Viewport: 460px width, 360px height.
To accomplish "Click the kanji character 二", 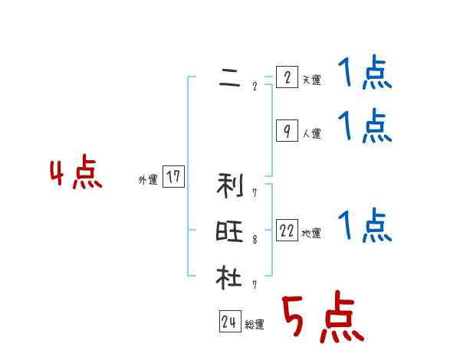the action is coord(229,77).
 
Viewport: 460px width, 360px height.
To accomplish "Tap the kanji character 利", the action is coord(229,184).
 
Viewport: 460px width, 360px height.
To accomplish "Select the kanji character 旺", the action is coord(229,231).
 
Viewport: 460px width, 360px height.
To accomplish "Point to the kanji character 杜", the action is coord(229,277).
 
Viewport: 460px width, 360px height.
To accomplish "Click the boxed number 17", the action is coord(173,178).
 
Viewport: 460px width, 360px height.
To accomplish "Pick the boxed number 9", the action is coord(286,131).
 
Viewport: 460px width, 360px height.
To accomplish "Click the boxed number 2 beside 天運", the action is coord(286,78).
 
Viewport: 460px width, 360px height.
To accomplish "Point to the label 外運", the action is coord(147,180).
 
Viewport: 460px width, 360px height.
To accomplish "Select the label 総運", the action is coord(255,325).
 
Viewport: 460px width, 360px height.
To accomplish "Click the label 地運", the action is coord(311,234).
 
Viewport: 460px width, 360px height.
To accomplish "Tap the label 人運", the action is coord(311,133).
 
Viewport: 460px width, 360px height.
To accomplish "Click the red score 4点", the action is coord(75,173).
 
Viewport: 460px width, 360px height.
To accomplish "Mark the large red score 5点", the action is coord(322,317).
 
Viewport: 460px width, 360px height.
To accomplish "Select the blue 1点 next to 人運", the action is coord(365,126).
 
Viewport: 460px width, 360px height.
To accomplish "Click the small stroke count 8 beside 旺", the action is coord(255,240).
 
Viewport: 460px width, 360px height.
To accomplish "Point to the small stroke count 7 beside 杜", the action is coord(255,285).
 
